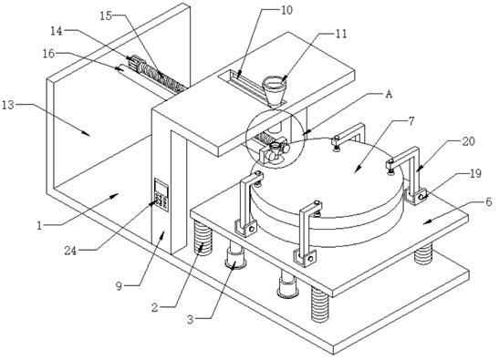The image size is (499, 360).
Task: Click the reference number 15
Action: [106, 15]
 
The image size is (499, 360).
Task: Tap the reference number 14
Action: [57, 31]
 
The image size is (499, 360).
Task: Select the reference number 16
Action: [48, 54]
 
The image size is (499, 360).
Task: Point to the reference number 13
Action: [8, 105]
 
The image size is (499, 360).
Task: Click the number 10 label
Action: [286, 10]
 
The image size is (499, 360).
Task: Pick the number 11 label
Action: [341, 34]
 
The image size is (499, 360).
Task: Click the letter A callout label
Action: [389, 94]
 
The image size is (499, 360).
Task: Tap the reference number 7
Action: [411, 121]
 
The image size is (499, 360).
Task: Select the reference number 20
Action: [469, 141]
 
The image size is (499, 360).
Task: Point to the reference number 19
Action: [476, 174]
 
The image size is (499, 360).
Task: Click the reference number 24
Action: [70, 251]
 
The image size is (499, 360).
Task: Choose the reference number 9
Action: [119, 286]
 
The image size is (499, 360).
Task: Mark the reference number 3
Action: [190, 319]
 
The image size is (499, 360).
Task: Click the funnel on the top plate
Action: [274, 90]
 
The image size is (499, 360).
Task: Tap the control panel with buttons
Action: [161, 195]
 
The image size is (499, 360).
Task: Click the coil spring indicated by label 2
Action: [203, 238]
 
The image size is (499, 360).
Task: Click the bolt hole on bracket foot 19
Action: [421, 197]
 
